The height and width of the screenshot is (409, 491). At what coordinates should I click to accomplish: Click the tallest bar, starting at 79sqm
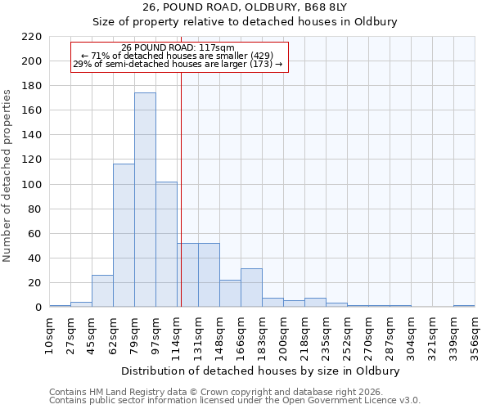145,200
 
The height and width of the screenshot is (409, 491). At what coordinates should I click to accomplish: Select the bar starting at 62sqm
124,236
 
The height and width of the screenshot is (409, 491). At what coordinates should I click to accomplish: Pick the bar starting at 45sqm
102,290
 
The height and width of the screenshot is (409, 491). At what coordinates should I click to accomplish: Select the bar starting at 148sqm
230,293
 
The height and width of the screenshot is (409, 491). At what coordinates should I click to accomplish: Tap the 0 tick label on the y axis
38,308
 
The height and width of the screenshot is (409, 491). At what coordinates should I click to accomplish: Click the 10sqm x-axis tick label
49,335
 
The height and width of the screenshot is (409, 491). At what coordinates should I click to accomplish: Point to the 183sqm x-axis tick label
262,335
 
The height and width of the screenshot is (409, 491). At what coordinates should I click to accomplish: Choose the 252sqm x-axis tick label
347,335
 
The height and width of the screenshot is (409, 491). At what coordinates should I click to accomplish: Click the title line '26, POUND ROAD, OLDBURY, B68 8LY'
245,7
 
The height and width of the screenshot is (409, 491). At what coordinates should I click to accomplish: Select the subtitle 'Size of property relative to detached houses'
245,22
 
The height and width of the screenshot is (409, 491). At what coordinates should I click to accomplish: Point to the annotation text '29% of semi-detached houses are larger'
178,64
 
